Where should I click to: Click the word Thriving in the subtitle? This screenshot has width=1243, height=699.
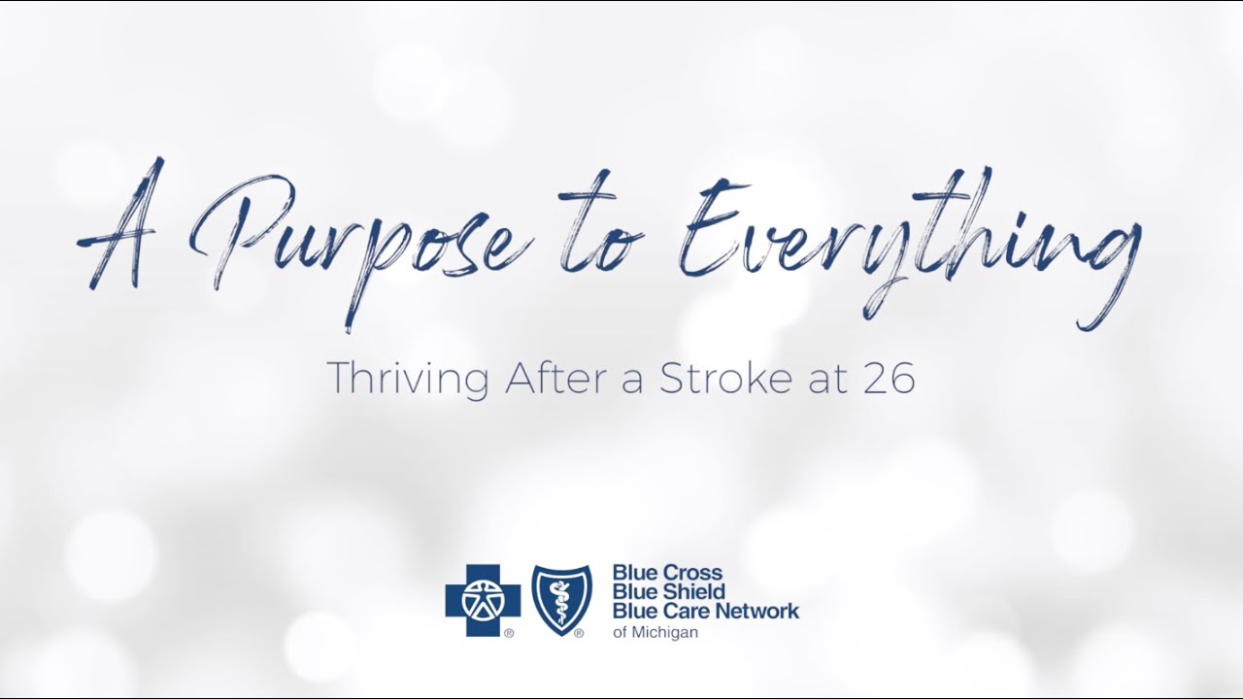click(407, 379)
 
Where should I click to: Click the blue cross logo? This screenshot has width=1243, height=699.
click(483, 600)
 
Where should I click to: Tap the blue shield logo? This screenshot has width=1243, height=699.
click(561, 600)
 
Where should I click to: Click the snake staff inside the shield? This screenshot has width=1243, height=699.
click(561, 600)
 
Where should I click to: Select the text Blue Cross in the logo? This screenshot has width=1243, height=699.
click(667, 573)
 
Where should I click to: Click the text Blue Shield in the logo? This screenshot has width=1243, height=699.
click(669, 592)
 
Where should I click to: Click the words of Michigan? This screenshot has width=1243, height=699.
click(655, 633)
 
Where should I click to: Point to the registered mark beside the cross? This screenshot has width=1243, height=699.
click(508, 633)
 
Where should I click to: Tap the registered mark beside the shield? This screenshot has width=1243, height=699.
click(579, 633)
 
